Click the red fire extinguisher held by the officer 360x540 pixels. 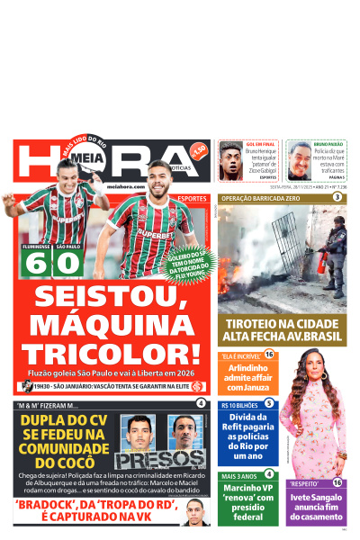pos(321,263)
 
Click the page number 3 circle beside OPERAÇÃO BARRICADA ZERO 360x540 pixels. pos(337,196)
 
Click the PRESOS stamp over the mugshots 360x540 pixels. pos(148,460)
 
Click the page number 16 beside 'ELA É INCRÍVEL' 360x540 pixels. pos(268,355)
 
